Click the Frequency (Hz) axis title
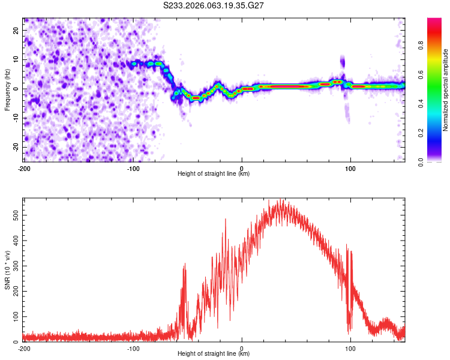tap(7, 89)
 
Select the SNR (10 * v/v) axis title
tap(7, 269)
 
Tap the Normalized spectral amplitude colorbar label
tap(446, 90)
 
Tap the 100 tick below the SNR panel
tap(350, 349)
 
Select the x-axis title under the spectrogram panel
tap(214, 174)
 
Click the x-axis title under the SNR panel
tap(214, 354)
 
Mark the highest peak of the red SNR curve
tap(277, 200)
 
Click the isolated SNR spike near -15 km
tap(226, 220)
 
